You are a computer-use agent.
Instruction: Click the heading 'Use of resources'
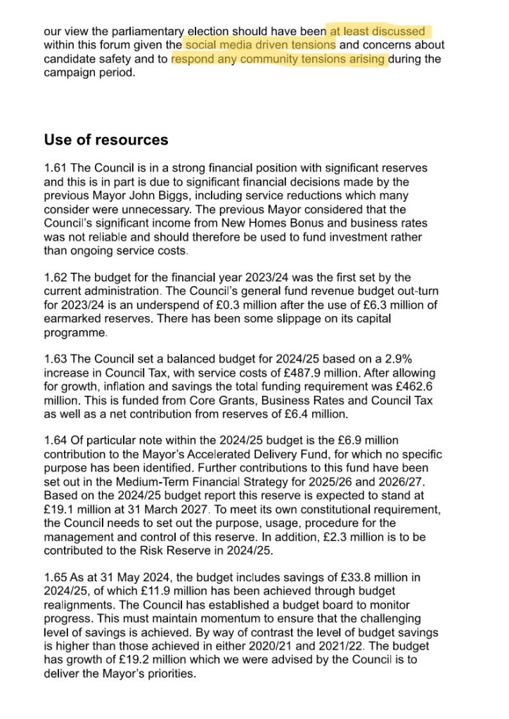(106, 139)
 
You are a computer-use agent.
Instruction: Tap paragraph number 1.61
(56, 169)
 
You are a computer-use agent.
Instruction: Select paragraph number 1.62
(56, 278)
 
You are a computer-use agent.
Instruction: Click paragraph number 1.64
(56, 441)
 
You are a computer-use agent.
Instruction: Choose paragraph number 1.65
(56, 577)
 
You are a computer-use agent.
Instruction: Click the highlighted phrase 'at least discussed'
(378, 32)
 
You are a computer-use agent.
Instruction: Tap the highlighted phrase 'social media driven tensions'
(260, 46)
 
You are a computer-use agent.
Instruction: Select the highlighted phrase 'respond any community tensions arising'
(278, 59)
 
